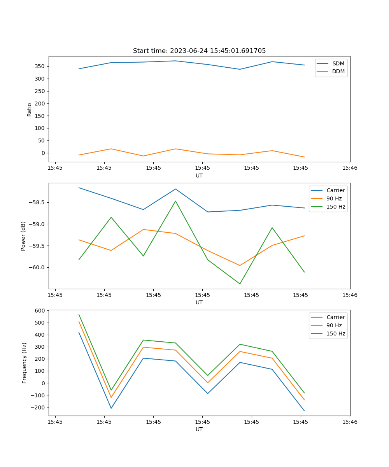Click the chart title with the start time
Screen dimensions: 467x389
199,51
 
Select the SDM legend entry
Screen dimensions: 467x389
338,63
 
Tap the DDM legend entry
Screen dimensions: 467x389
338,71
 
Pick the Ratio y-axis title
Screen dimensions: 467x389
29,109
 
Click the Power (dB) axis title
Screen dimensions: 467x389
23,236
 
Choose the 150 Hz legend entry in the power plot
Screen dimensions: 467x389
336,207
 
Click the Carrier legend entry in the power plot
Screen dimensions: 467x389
336,190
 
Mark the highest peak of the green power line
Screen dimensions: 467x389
175,201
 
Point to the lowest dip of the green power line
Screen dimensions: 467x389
240,284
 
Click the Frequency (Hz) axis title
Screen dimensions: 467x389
25,363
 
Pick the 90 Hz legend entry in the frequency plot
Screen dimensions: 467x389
334,325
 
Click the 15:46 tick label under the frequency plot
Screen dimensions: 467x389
350,422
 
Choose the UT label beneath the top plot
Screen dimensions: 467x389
199,176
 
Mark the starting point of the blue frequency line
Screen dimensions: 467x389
79,332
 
